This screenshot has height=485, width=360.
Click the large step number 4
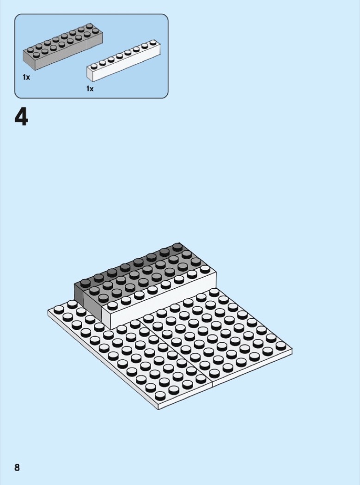[x=21, y=117]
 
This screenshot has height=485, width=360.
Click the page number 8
[x=17, y=467]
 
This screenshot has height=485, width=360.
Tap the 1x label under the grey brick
[x=26, y=77]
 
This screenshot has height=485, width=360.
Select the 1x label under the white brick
[x=90, y=89]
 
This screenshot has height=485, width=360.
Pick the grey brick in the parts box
[x=63, y=46]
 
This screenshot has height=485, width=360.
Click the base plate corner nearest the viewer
[x=158, y=409]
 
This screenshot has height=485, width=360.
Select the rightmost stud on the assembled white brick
[x=205, y=269]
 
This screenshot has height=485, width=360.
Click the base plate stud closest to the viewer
[x=160, y=395]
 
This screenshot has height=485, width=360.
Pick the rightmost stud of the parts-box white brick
[x=153, y=42]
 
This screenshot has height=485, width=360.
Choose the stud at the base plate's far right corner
[x=281, y=346]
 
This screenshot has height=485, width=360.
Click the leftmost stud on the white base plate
[x=59, y=309]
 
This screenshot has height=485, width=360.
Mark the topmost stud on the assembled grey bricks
[x=177, y=247]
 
